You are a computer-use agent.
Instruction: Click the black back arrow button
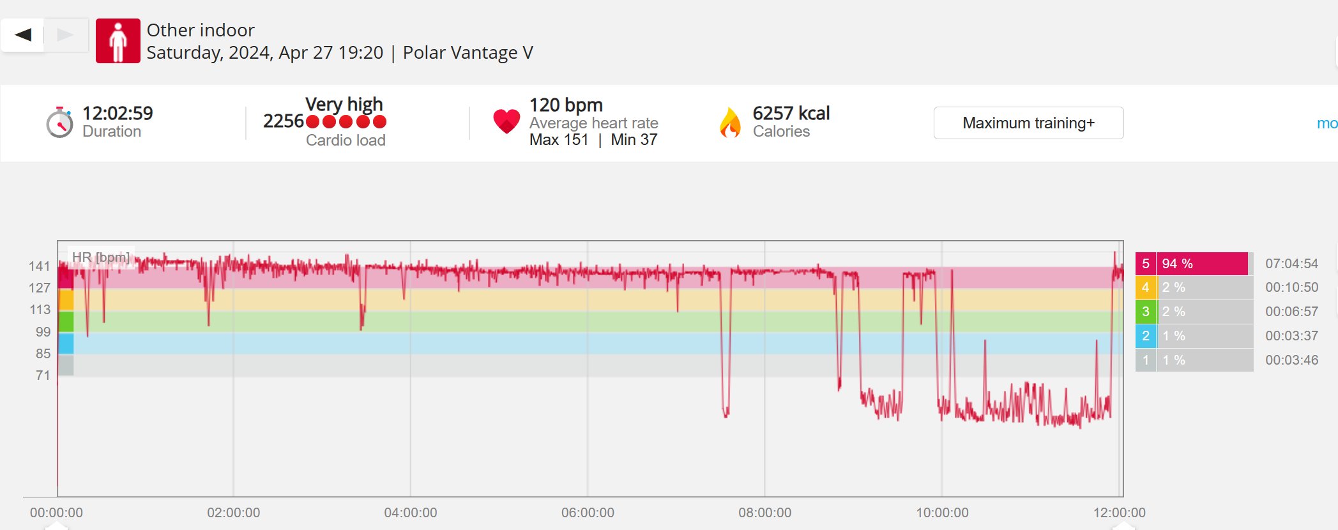[23, 34]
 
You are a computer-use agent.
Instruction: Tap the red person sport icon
[118, 41]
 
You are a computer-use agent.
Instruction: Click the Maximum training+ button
[1028, 123]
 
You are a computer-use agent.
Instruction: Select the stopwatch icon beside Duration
[59, 123]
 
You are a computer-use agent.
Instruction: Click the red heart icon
[506, 121]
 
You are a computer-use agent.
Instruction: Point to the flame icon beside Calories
[730, 123]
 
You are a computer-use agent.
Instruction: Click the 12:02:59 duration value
[118, 113]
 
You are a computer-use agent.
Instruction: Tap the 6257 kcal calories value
[791, 113]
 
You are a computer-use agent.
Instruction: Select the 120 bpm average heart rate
[566, 105]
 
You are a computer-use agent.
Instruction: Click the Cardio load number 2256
[283, 121]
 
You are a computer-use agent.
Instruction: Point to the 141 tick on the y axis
[39, 266]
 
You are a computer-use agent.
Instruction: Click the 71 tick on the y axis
[43, 375]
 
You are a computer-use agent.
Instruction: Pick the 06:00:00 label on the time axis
[588, 513]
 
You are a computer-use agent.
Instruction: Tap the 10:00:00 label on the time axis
[942, 513]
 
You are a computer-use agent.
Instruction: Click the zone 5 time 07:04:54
[1291, 264]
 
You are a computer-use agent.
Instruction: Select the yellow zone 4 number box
[1145, 287]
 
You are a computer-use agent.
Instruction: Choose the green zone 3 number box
[1145, 312]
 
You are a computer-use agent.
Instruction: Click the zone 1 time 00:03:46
[1291, 360]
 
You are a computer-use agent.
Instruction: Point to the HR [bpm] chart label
[101, 257]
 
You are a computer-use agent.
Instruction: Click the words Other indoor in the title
[201, 30]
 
